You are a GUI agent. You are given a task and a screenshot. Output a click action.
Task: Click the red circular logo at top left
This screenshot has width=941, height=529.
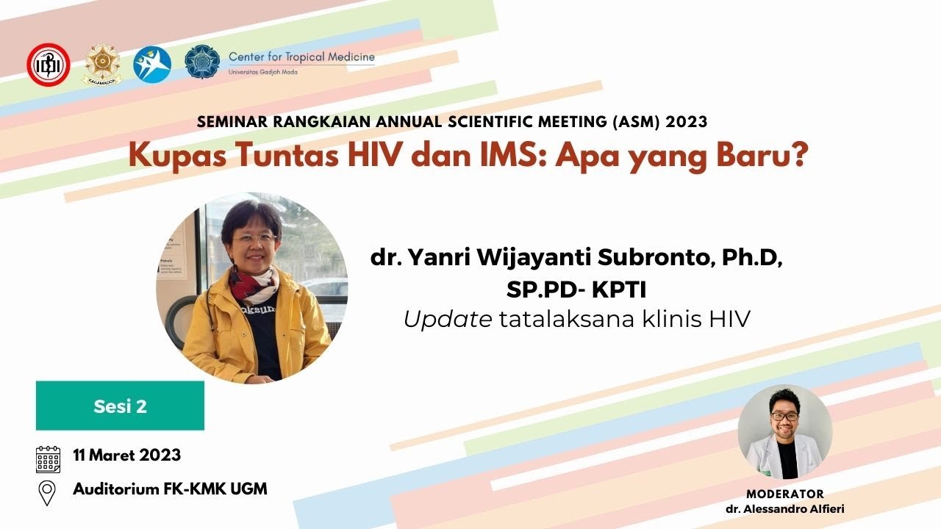click(x=49, y=65)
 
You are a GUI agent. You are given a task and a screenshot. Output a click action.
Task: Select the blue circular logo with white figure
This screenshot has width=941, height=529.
click(x=152, y=65)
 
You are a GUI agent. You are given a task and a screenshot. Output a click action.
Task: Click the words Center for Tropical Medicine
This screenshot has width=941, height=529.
click(x=301, y=57)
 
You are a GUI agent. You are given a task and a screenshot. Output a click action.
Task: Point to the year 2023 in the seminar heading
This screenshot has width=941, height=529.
click(x=687, y=122)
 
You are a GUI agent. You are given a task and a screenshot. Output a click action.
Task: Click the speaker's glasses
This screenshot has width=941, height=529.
click(x=254, y=238)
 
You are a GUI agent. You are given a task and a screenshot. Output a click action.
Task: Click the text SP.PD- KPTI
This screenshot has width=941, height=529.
click(x=576, y=289)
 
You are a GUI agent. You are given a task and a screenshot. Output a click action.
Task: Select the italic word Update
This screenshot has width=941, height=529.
click(x=448, y=320)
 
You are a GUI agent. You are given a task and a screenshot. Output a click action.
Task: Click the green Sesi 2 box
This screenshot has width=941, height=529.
click(x=120, y=406)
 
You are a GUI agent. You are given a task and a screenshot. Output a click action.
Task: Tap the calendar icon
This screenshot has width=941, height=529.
click(x=48, y=458)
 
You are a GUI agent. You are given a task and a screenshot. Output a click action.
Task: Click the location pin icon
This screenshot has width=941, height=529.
click(x=48, y=492)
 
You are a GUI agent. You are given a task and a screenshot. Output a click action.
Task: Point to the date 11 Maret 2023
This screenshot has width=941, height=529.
click(x=126, y=456)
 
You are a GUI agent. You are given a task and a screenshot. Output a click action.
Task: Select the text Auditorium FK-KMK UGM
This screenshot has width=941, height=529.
click(x=170, y=489)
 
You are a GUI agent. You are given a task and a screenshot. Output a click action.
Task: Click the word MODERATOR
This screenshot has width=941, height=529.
click(x=785, y=494)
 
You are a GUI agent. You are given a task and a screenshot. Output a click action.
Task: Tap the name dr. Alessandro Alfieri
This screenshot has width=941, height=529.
click(x=785, y=509)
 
